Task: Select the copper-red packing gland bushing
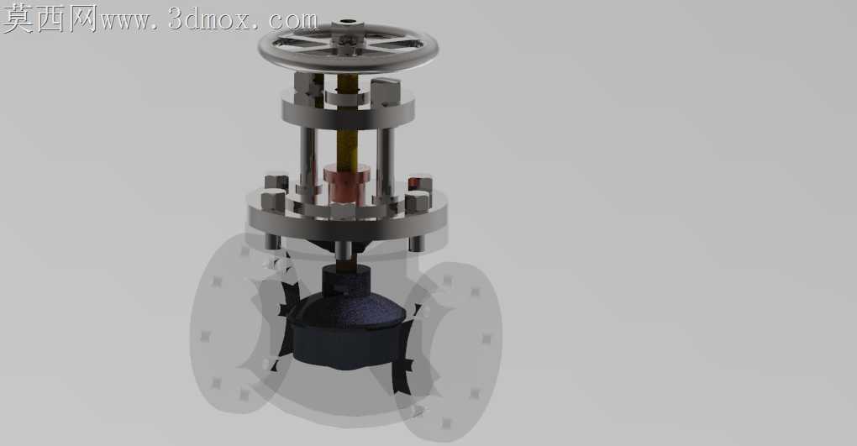pos(346,186)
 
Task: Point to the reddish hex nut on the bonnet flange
pos(420,183)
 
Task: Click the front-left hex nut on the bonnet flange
pos(273,200)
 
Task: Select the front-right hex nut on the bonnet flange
pos(417,202)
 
